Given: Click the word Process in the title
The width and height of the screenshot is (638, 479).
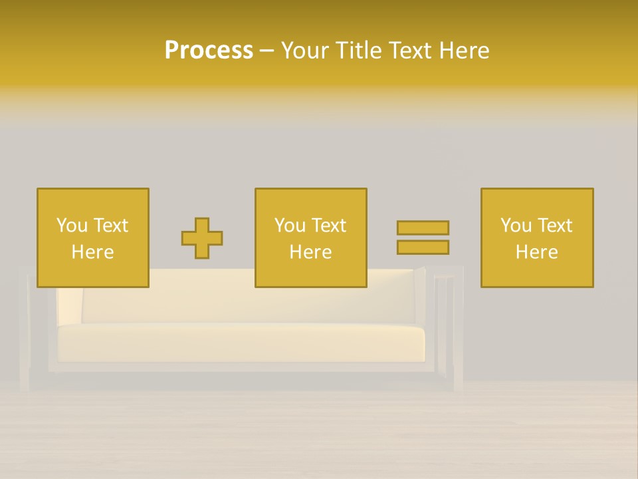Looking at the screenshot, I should [x=209, y=51].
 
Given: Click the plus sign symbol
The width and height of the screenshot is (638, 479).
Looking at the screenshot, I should [x=202, y=238].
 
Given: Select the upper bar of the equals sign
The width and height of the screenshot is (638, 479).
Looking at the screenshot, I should [x=423, y=228].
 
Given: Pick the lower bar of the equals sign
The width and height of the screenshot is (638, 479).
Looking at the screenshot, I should [x=423, y=247].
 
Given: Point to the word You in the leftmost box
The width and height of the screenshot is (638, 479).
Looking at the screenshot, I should [x=72, y=226].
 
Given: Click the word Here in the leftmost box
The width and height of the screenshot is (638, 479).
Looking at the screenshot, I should [x=93, y=252].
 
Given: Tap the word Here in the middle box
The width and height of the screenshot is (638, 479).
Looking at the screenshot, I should [x=311, y=252].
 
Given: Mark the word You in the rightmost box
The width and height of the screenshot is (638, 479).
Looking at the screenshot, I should [x=516, y=226].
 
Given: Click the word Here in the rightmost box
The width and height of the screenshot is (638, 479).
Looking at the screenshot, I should [x=537, y=252].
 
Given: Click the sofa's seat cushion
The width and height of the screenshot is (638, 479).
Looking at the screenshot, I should [x=239, y=343].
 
